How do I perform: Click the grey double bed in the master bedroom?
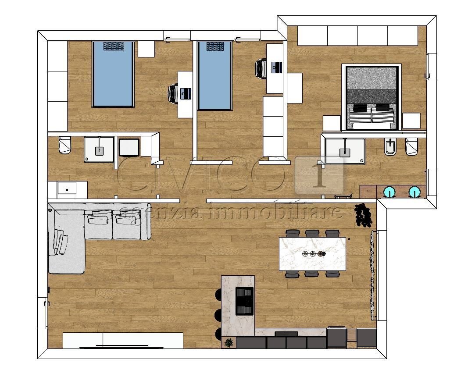372,97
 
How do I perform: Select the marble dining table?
312,253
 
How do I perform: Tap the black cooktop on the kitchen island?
245,301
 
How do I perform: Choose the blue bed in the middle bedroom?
214,75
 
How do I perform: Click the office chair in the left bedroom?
174,93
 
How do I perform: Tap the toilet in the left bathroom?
64,146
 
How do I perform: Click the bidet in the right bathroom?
389,148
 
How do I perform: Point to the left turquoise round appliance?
389,192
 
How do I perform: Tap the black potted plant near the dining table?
363,215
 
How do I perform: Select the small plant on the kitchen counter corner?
228,342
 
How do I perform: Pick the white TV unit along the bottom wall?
123,340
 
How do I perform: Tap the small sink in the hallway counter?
67,190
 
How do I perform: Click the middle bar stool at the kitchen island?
218,314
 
